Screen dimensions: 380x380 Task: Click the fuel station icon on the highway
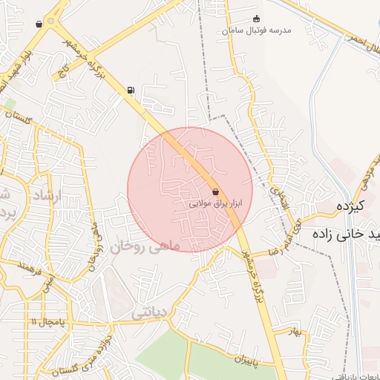coord(131,91)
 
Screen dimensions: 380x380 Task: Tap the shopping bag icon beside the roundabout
coord(39,24)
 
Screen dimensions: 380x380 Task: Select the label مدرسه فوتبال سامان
coord(259,30)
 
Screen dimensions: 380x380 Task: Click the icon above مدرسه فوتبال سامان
coord(257,19)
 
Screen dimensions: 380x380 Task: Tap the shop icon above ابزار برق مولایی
coord(215,191)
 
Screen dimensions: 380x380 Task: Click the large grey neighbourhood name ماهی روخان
coord(146,244)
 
